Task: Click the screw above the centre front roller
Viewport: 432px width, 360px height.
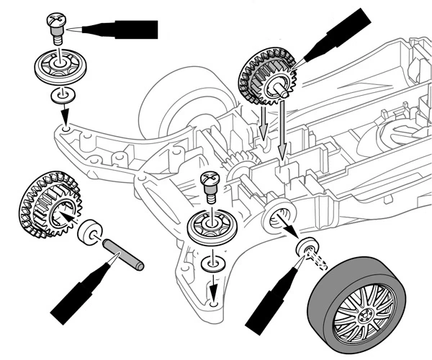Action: point(210,183)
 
